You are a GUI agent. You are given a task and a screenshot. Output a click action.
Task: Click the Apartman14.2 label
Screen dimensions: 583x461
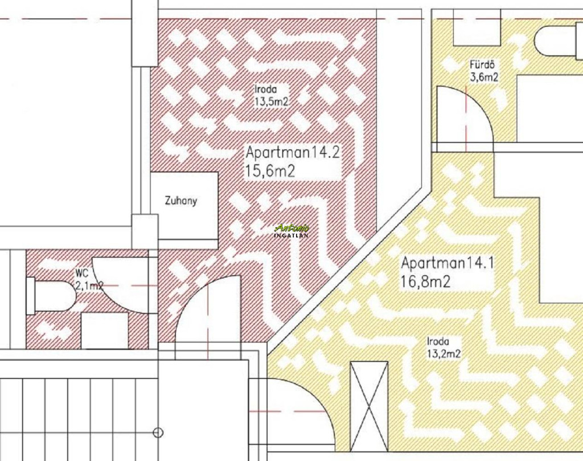(293, 153)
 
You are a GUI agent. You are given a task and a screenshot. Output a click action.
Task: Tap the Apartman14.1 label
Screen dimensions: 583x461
(447, 263)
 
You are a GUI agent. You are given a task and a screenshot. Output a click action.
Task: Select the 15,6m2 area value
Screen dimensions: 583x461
(270, 172)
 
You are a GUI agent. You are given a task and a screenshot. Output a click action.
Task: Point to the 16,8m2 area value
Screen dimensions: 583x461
(425, 282)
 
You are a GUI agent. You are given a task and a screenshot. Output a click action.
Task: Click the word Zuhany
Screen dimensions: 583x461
(180, 201)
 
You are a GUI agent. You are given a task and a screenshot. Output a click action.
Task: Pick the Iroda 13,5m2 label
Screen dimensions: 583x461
(272, 96)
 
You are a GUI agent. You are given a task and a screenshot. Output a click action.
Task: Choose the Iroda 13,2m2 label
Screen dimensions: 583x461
(444, 348)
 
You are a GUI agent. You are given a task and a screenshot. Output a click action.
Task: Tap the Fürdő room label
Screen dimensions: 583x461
(482, 64)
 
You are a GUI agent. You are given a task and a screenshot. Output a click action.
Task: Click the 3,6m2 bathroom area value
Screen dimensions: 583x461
(484, 77)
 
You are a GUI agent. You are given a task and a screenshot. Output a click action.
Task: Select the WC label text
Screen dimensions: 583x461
(82, 274)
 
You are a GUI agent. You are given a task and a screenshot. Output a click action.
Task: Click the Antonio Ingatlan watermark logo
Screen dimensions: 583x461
(291, 231)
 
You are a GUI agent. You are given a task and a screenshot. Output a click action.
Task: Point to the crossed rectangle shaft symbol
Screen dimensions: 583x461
(369, 406)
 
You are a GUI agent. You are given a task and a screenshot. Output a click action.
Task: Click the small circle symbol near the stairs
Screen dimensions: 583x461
(158, 433)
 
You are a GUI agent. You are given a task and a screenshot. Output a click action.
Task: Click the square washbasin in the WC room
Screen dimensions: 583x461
(105, 331)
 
